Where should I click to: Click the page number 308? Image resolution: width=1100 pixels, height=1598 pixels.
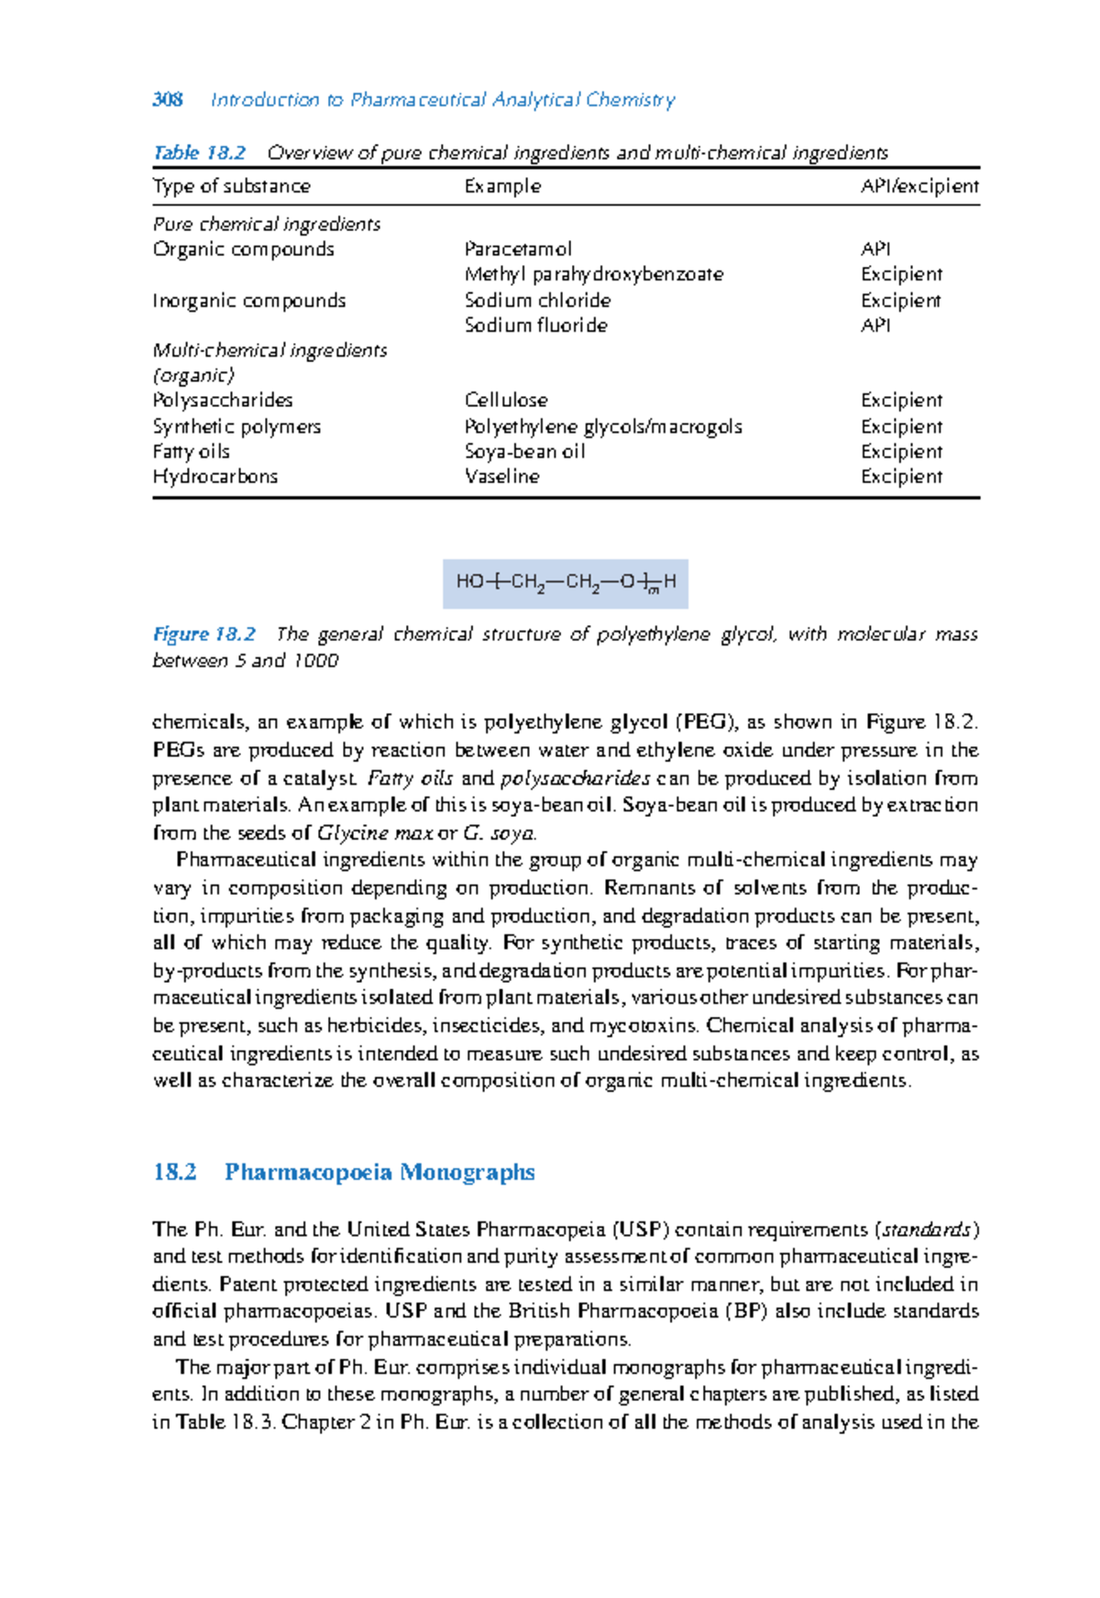coord(168,100)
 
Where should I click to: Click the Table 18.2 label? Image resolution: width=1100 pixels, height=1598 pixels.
coord(199,153)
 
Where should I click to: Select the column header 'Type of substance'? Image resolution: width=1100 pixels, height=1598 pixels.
coord(231,186)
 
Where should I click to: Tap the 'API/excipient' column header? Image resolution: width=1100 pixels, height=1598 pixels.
coord(919,186)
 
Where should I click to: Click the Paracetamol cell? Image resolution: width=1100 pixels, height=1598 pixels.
coord(518,249)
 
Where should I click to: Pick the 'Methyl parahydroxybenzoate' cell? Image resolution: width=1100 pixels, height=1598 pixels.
coord(593,274)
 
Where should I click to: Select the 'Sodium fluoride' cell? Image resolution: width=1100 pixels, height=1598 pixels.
coord(535,325)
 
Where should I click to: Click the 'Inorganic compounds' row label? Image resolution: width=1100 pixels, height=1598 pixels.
coord(248,301)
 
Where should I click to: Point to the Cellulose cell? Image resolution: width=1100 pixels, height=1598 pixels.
coord(506,401)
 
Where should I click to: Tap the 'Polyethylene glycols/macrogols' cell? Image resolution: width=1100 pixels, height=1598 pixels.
coord(602,426)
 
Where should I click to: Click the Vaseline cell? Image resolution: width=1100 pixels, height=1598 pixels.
coord(501,477)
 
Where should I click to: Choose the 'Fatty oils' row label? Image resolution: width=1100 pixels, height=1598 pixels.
coord(191,452)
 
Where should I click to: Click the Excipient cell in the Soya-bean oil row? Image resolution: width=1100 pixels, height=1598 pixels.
coord(901,452)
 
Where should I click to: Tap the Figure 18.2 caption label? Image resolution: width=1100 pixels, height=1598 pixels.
coord(203,634)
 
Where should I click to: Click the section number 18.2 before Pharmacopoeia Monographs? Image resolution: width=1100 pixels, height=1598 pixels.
coord(175,1173)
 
